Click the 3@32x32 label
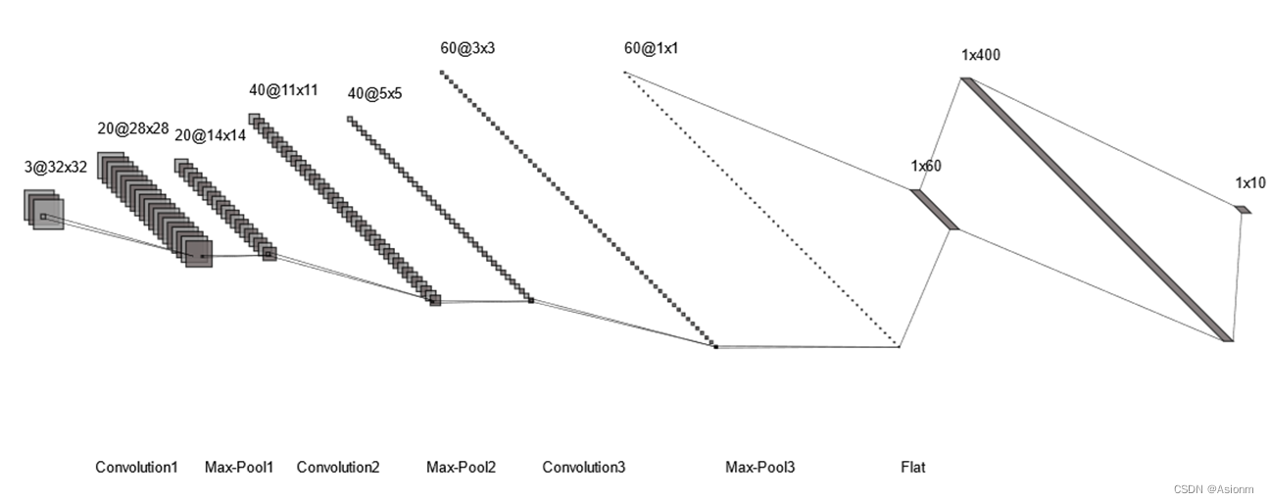click(x=56, y=167)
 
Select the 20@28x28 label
click(x=133, y=128)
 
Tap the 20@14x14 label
click(x=210, y=136)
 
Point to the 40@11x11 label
click(x=283, y=90)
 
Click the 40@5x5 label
click(x=375, y=93)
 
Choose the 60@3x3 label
click(x=467, y=47)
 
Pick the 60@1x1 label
click(x=650, y=47)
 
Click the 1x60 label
click(x=925, y=166)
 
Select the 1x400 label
click(x=981, y=55)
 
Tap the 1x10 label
click(x=1249, y=182)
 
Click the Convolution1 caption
click(x=136, y=468)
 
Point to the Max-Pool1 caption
click(x=239, y=468)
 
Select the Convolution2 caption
click(x=338, y=468)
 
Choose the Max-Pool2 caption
click(x=461, y=468)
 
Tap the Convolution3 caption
click(x=583, y=468)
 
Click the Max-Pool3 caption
click(x=759, y=468)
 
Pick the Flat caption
click(x=912, y=468)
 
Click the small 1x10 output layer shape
click(x=1243, y=209)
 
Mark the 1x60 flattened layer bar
click(x=934, y=209)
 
